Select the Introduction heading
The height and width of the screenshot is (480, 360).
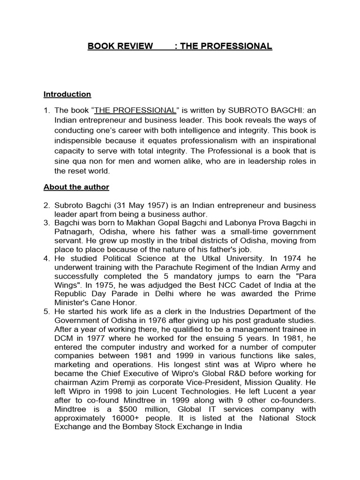tap(67, 94)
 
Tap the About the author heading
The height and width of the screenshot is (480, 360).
tap(76, 187)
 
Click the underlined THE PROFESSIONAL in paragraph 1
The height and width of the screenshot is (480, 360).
tap(135, 110)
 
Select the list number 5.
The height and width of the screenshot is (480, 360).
tap(46, 311)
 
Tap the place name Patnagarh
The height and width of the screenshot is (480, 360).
tap(75, 231)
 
